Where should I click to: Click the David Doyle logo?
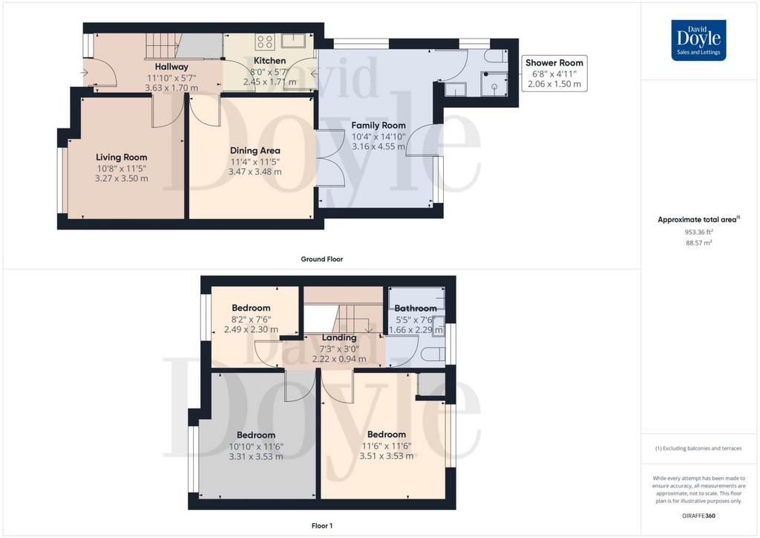pos(698,40)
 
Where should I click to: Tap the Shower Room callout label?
pos(554,62)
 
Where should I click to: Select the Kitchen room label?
pos(270,61)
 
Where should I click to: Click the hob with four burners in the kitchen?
pos(265,42)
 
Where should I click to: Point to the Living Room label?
pos(122,158)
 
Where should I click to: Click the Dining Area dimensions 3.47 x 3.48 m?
pos(255,172)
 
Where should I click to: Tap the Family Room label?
pos(379,125)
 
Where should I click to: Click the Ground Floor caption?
pos(322,259)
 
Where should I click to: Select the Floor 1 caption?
pos(322,525)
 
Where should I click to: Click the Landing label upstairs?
pos(339,337)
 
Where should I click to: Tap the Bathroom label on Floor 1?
pos(416,308)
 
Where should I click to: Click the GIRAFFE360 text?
pos(698,516)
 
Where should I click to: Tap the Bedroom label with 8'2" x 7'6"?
pos(251,308)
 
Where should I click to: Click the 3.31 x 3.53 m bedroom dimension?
pos(256,456)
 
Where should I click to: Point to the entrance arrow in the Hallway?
pos(85,73)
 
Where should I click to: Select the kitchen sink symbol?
pos(292,41)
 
